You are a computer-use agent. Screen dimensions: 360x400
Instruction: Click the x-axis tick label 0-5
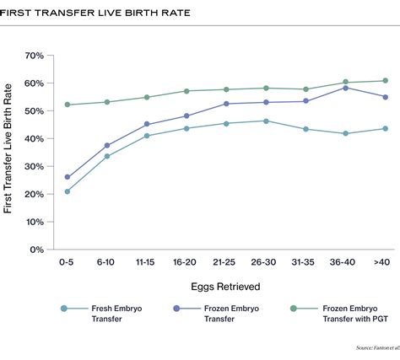(67, 263)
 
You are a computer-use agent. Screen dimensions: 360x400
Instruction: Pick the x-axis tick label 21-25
(225, 263)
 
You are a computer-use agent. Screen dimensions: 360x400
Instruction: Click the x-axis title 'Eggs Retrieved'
(225, 287)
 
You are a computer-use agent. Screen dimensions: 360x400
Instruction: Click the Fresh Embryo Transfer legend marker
(63, 309)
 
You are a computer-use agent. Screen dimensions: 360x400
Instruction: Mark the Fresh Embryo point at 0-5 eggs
(67, 191)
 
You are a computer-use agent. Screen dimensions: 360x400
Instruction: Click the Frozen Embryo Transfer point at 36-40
(345, 88)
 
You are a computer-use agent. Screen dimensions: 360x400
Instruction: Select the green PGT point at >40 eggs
(385, 81)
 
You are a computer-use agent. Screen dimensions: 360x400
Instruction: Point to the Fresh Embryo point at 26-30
(266, 121)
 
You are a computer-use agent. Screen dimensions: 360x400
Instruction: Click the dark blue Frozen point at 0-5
(67, 177)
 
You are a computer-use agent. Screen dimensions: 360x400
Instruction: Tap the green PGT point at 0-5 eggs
(67, 105)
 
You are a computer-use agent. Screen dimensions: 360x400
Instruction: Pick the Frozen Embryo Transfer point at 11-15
(147, 124)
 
